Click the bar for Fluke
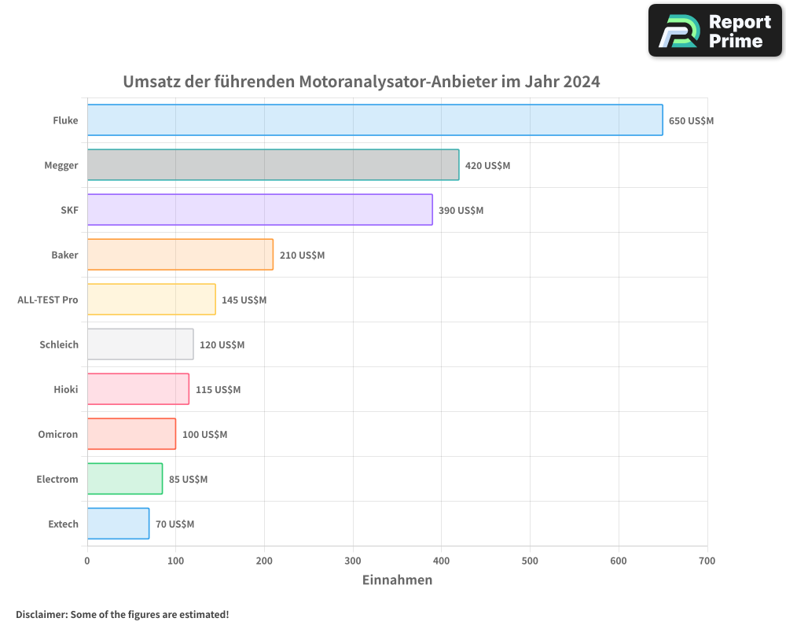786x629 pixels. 375,120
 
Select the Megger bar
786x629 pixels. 273,165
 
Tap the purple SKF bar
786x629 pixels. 259,210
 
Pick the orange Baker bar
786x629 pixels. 180,255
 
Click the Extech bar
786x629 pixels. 118,524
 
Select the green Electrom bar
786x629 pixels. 125,479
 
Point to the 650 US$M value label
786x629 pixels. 691,121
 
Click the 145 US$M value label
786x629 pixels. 244,300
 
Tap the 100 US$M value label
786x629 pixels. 204,435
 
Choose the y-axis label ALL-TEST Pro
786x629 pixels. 48,300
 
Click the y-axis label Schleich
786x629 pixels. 59,344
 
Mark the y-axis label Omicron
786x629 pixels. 58,434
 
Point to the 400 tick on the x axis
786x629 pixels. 442,561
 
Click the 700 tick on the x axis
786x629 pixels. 707,561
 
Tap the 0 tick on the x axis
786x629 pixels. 87,561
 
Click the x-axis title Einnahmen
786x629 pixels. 397,580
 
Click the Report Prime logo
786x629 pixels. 714,31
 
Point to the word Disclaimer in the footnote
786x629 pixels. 41,614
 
